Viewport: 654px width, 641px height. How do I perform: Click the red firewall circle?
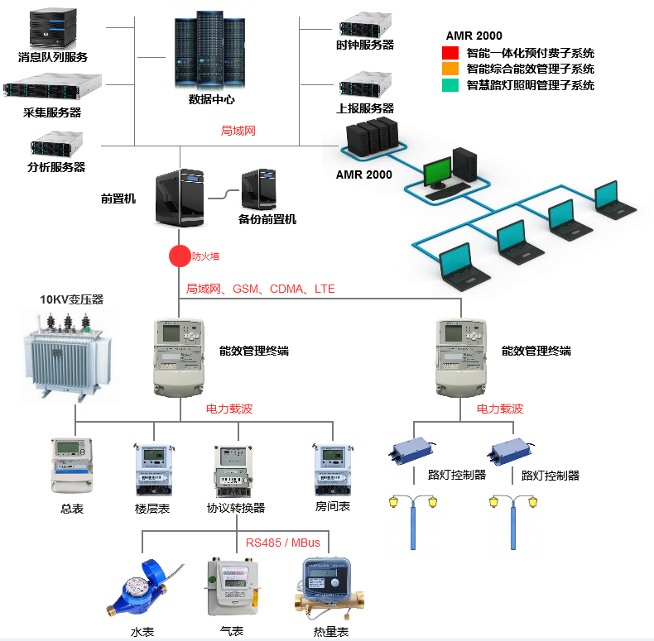(180, 256)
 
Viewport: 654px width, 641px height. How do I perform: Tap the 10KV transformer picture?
(66, 356)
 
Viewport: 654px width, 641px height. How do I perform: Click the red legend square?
(450, 53)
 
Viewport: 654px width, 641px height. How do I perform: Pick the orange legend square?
(450, 69)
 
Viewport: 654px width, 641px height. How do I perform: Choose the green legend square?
(450, 85)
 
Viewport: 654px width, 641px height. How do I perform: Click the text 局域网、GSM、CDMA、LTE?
(261, 289)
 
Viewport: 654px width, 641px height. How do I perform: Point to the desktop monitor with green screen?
(437, 172)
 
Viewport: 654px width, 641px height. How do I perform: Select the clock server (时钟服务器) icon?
(364, 22)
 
